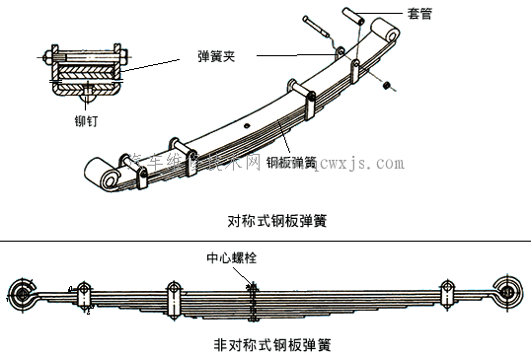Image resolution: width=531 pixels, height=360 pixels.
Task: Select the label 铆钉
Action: tap(87, 123)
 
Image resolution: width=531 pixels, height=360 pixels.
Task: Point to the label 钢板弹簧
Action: tap(290, 161)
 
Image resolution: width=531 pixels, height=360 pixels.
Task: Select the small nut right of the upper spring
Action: tap(388, 87)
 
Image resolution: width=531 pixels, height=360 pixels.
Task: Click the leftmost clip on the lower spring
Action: tap(82, 296)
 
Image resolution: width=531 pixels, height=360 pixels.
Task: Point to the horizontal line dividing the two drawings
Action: tap(265, 240)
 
